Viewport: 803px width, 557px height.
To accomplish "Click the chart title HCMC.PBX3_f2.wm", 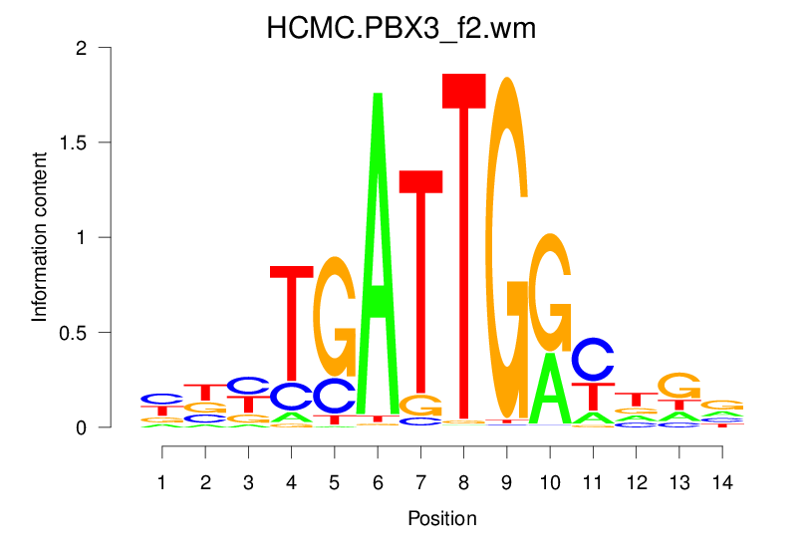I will [x=401, y=29].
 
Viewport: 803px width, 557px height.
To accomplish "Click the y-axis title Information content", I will [x=40, y=236].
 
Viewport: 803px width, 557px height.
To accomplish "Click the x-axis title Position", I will [x=441, y=518].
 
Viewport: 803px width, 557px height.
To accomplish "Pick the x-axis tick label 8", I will [x=463, y=482].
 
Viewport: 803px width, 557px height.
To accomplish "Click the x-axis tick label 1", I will [x=162, y=482].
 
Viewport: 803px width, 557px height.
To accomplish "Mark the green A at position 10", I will [x=550, y=389].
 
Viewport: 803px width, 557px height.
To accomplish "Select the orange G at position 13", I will [x=679, y=386].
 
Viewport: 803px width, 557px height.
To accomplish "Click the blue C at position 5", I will [x=335, y=396].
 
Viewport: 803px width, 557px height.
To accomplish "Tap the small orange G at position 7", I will [x=420, y=406].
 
